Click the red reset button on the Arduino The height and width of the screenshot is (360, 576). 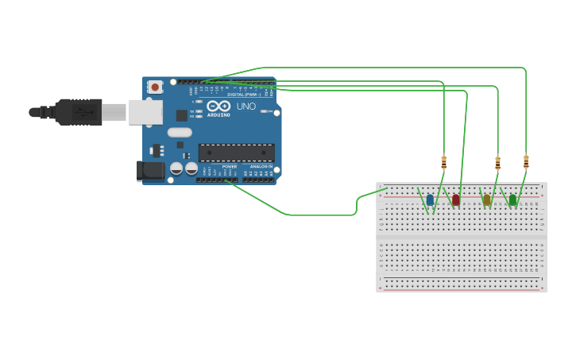[x=155, y=87]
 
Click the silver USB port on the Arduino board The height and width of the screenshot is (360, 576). [x=145, y=113]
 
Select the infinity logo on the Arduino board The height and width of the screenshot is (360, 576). [x=218, y=106]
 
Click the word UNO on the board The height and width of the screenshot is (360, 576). [x=246, y=106]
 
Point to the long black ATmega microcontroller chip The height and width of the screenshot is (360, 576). [x=236, y=153]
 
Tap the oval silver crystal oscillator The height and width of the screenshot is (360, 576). [x=180, y=133]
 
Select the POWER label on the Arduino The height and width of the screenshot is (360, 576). [x=229, y=166]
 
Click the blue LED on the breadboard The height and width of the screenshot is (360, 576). [x=430, y=199]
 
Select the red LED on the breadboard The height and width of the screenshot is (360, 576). [x=456, y=199]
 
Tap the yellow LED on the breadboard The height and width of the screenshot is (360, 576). [x=486, y=199]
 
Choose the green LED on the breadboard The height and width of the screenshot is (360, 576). [x=512, y=199]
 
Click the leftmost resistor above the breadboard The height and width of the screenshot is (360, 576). [x=444, y=163]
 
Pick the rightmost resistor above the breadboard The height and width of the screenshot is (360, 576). [x=526, y=162]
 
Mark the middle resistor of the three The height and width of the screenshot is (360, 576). [x=498, y=163]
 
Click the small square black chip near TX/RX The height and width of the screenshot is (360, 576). [x=182, y=115]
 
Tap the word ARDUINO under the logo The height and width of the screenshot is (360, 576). [x=218, y=115]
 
